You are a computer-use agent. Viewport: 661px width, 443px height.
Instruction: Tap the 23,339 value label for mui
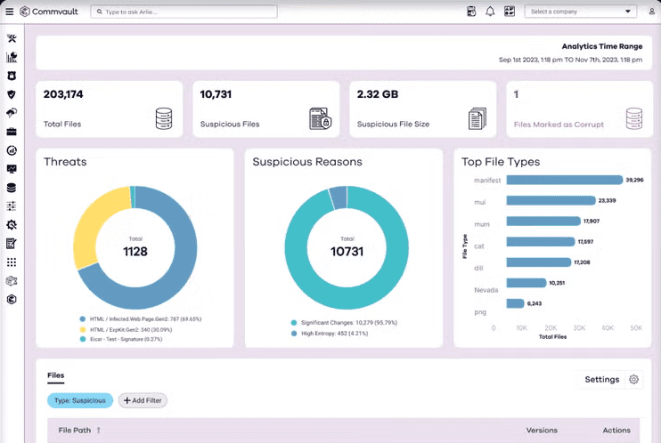[608, 200]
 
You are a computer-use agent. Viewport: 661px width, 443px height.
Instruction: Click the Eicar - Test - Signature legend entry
[127, 338]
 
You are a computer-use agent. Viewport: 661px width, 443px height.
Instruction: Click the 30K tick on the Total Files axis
[579, 327]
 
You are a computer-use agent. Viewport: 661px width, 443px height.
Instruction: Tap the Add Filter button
[143, 400]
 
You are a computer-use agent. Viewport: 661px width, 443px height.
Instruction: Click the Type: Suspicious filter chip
[80, 400]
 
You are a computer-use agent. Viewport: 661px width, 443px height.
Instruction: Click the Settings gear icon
[634, 380]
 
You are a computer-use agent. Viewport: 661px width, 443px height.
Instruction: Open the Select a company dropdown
[581, 12]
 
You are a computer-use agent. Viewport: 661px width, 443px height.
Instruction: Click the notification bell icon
[490, 12]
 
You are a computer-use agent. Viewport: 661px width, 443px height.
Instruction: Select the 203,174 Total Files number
[63, 93]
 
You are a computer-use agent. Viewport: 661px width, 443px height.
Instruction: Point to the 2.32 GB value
[378, 93]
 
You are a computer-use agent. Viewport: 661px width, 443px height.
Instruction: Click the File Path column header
[74, 431]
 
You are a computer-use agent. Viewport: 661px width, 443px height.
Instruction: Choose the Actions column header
[616, 431]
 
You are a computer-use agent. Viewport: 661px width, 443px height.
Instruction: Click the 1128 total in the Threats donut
[135, 252]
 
